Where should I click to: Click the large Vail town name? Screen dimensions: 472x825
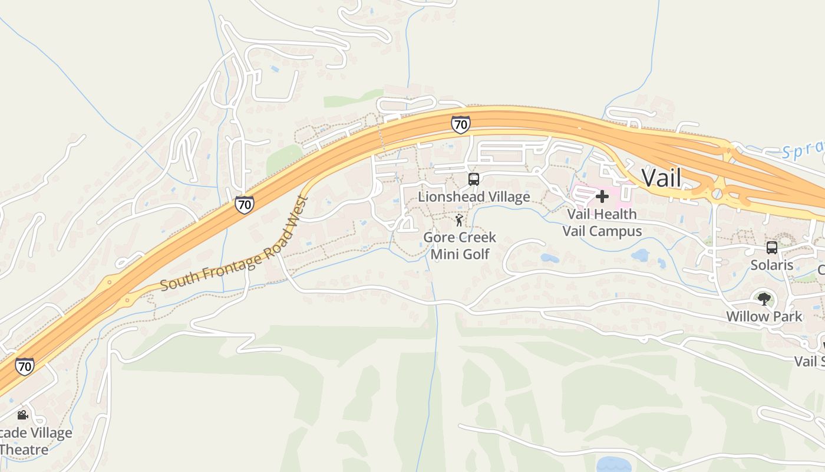point(661,178)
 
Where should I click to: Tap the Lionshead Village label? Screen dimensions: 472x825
point(474,196)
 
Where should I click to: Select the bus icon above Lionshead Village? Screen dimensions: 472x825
point(473,179)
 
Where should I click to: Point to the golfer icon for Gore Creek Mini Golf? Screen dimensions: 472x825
point(459,221)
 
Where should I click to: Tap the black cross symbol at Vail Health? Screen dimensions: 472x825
point(602,196)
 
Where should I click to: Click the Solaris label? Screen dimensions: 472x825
point(771,265)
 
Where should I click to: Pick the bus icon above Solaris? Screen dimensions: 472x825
point(771,248)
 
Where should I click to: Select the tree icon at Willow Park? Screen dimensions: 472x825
point(764,299)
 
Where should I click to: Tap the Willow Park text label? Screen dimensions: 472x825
point(764,316)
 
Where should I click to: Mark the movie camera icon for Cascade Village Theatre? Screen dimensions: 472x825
point(22,415)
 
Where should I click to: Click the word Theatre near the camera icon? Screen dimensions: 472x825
point(25,450)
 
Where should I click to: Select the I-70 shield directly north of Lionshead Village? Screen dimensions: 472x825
point(461,124)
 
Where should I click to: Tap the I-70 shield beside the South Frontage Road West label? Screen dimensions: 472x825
point(244,205)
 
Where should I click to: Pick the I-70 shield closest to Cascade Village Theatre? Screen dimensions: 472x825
point(24,366)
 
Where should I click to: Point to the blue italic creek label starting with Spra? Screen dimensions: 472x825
point(804,150)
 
